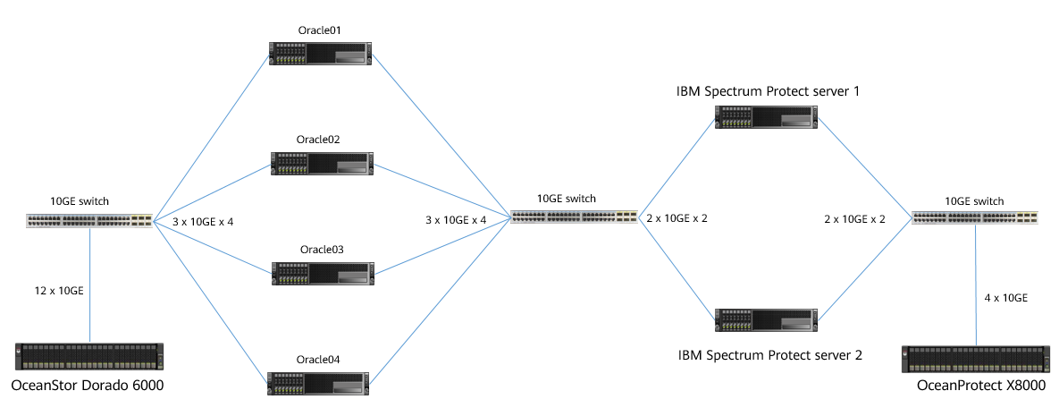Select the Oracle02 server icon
320,162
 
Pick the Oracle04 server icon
320,382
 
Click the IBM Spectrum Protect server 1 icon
767,116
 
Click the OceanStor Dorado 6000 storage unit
89,355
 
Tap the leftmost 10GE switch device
89,219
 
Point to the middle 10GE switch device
574,217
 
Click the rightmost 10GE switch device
976,217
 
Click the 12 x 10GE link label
59,290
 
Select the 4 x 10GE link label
1004,297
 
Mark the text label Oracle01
320,30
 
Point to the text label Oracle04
319,360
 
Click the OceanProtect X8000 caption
980,385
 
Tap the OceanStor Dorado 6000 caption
88,386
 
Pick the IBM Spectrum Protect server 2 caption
769,355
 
